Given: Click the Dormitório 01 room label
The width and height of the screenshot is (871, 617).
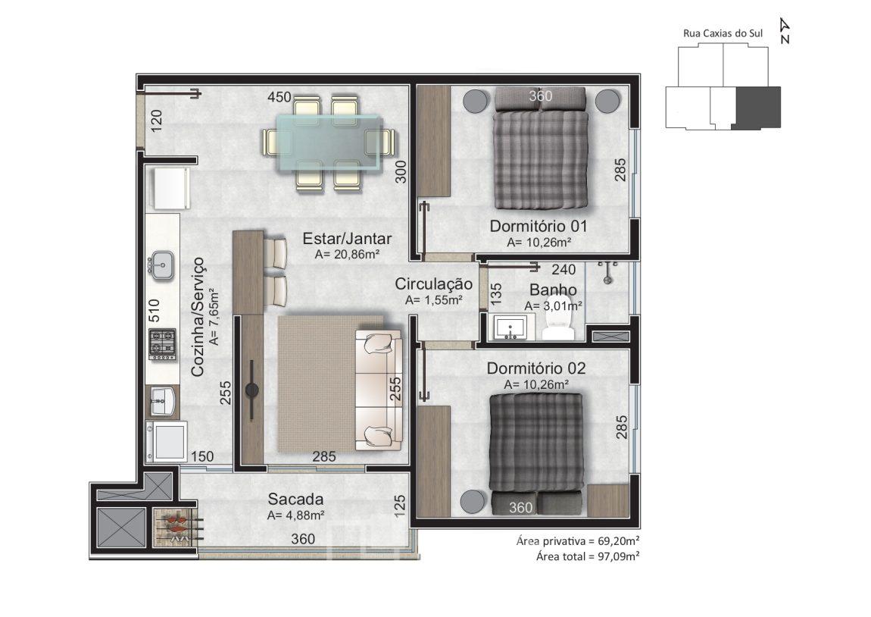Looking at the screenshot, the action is click(538, 226).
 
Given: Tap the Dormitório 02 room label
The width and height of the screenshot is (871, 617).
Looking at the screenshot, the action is click(536, 368).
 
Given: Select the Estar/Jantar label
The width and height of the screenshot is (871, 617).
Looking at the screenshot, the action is click(347, 239).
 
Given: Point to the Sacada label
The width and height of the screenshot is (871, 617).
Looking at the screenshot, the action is click(295, 499).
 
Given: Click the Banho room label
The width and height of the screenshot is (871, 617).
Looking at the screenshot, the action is click(553, 290).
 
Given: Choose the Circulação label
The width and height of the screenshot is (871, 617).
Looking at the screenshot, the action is click(434, 284).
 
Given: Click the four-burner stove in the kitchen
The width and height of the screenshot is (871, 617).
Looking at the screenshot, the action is click(163, 344).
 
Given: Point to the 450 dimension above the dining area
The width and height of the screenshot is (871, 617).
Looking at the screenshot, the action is click(279, 97).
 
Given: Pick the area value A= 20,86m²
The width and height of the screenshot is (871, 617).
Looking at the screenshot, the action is click(347, 255).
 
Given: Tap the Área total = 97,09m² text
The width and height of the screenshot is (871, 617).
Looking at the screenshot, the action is click(588, 556).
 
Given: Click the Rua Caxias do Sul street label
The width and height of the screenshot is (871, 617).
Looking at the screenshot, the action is click(723, 33).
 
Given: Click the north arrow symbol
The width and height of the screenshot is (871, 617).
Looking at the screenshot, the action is click(785, 30).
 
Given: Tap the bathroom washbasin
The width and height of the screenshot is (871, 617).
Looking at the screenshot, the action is click(510, 328).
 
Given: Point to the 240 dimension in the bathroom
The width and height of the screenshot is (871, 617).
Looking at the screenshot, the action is click(563, 270).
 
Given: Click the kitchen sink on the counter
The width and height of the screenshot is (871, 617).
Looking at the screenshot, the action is click(161, 266).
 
